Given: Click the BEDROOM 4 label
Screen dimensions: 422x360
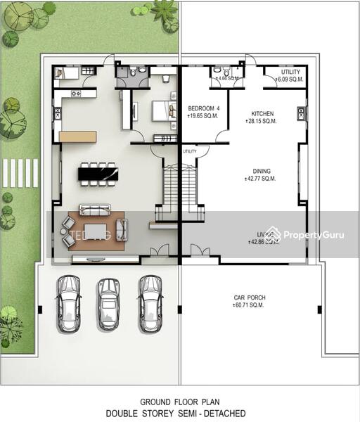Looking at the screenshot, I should tap(204, 108).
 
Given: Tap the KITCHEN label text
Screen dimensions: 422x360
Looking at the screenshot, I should tap(262, 113).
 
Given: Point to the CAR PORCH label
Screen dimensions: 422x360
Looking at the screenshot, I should tap(250, 298).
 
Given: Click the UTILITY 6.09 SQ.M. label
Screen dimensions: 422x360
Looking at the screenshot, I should tap(290, 72).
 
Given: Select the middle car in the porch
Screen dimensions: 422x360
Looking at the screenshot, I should tap(108, 303).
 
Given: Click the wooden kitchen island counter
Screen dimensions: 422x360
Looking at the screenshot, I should tap(78, 136).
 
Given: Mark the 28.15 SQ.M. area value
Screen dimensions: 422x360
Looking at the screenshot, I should tap(261, 121).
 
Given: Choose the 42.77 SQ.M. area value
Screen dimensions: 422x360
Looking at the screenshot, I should tap(261, 179).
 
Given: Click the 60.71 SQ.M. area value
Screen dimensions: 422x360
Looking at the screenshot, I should tap(250, 305).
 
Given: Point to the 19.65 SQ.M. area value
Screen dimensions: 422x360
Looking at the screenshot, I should tap(202, 116).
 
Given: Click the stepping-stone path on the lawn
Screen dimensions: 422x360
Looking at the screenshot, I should tap(20, 173).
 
